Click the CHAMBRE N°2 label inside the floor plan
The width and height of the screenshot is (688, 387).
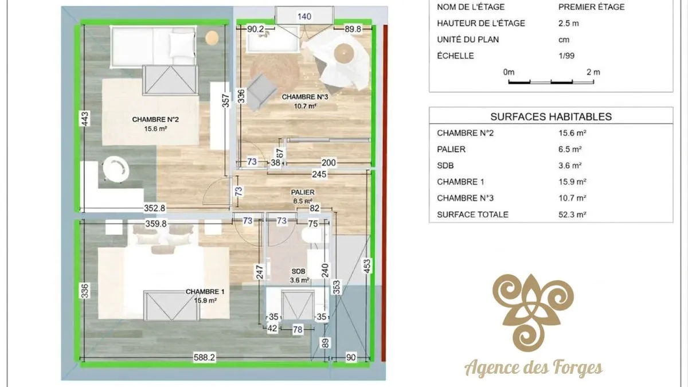pyautogui.click(x=155, y=119)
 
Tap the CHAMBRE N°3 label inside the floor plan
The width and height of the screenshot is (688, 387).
pyautogui.click(x=305, y=97)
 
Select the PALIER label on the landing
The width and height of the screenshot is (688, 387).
pyautogui.click(x=303, y=192)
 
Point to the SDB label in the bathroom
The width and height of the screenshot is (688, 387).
pyautogui.click(x=299, y=272)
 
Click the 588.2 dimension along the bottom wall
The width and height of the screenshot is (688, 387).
pyautogui.click(x=204, y=358)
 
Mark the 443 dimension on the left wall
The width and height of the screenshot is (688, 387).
pyautogui.click(x=85, y=118)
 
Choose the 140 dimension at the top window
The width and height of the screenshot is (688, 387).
pyautogui.click(x=304, y=17)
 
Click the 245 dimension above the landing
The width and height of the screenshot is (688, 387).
pyautogui.click(x=319, y=174)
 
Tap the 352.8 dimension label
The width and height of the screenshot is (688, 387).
pyautogui.click(x=154, y=208)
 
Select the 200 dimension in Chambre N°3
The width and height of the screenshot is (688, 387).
pyautogui.click(x=329, y=162)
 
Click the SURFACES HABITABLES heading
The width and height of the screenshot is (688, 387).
pyautogui.click(x=551, y=117)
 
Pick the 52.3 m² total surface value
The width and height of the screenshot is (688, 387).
pyautogui.click(x=572, y=214)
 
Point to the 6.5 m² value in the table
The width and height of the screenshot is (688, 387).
pyautogui.click(x=570, y=149)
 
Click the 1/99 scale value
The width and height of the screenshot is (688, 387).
pyautogui.click(x=566, y=56)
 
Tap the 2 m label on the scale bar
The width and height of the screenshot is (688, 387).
pyautogui.click(x=593, y=72)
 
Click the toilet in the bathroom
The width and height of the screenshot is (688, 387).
pyautogui.click(x=315, y=235)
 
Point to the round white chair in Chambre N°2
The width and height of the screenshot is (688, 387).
pyautogui.click(x=115, y=169)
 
